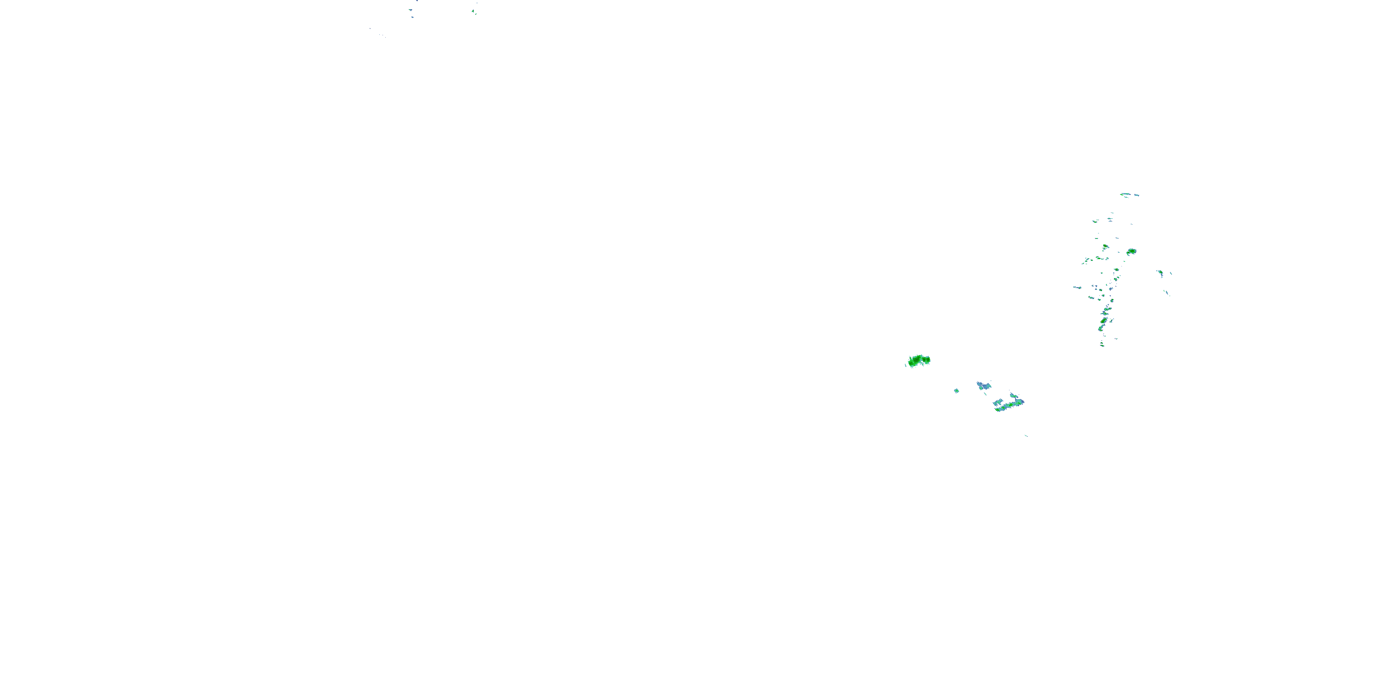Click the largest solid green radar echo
(916, 361)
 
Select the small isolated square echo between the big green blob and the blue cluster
(957, 390)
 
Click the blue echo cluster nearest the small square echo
(983, 385)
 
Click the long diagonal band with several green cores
(1007, 405)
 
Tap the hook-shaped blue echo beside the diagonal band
(1014, 396)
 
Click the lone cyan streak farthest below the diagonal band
(1026, 435)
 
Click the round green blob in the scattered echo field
(1131, 252)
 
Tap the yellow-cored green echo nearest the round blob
(1105, 247)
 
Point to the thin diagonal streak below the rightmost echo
(1167, 292)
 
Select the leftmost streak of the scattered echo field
(1077, 288)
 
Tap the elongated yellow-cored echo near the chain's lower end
(1103, 321)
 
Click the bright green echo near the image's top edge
(473, 11)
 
